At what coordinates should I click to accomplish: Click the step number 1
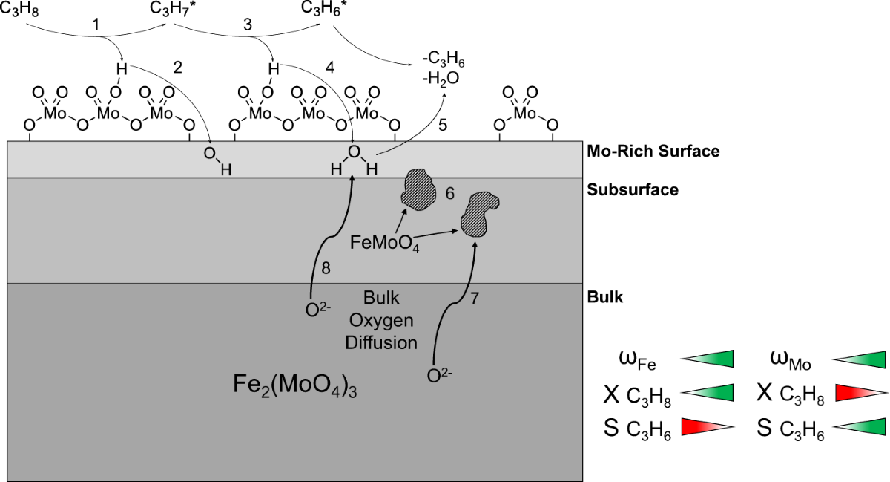[x=95, y=25]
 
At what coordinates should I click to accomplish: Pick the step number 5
[x=443, y=126]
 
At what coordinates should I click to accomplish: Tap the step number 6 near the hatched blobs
[x=450, y=193]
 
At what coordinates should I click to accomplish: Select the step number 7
[x=475, y=300]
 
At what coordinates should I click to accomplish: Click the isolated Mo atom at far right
[x=524, y=113]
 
